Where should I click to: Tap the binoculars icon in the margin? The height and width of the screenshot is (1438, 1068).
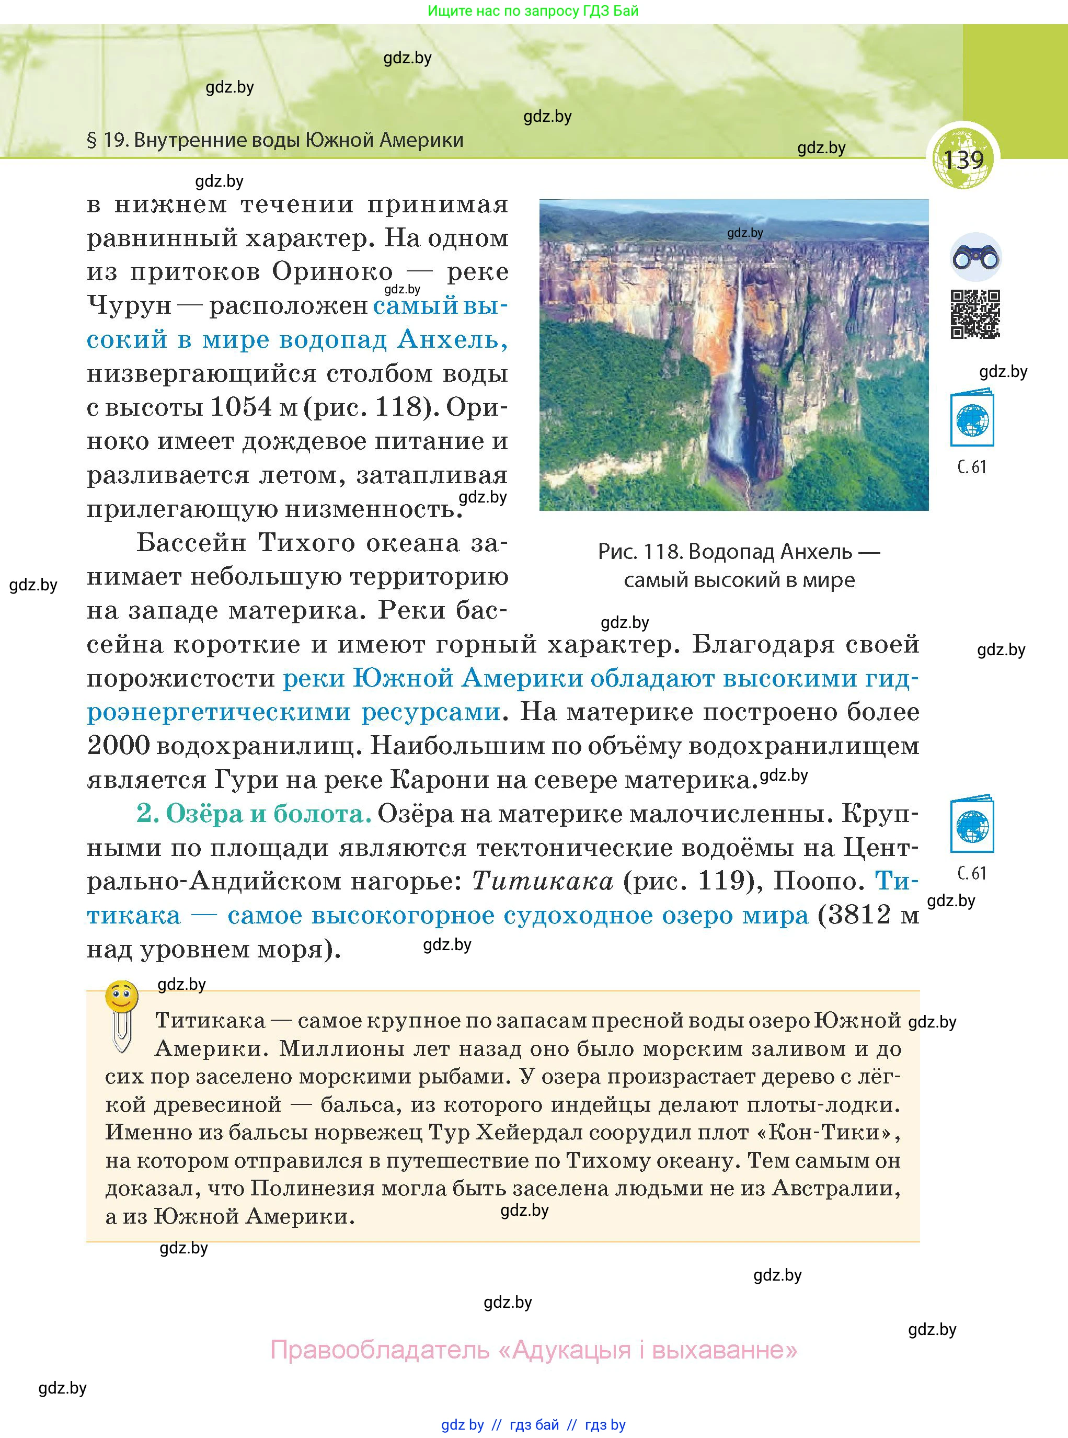[975, 258]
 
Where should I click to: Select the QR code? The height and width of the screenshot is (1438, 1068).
[975, 314]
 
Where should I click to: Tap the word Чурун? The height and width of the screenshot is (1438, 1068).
[129, 306]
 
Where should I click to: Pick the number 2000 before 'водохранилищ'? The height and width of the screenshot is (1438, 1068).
[118, 746]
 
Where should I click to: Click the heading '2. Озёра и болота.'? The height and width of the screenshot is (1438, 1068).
[254, 814]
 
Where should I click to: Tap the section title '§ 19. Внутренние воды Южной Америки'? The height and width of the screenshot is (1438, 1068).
[275, 140]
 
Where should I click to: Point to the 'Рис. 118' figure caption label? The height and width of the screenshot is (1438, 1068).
[639, 552]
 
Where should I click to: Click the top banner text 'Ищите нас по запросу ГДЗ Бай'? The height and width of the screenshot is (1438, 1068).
[533, 11]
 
